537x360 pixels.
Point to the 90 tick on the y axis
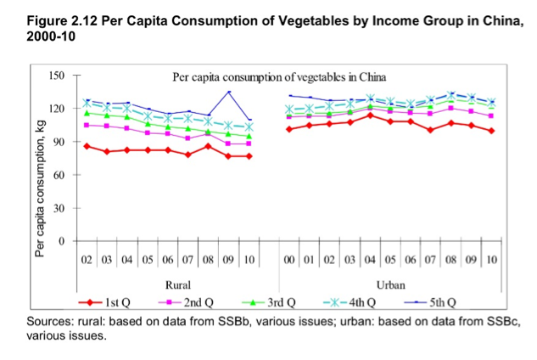[58, 142]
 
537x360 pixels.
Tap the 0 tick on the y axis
[61, 241]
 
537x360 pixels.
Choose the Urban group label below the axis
[390, 285]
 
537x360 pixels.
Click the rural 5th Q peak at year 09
[229, 92]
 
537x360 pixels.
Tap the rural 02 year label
[87, 258]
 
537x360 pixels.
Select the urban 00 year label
[290, 258]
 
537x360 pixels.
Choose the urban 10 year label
[492, 258]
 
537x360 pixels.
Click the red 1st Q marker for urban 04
[370, 115]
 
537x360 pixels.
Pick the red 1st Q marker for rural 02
[87, 146]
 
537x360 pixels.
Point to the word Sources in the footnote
[49, 323]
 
